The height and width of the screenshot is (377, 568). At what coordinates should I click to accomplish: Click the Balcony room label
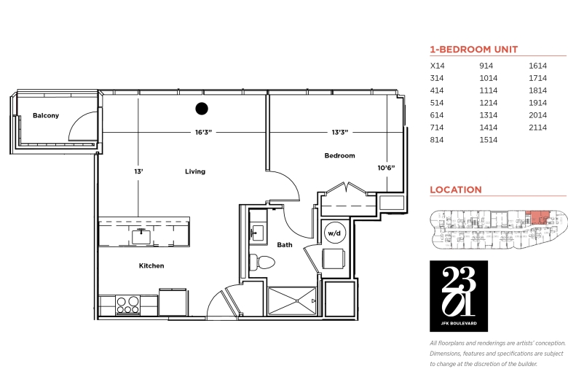46,115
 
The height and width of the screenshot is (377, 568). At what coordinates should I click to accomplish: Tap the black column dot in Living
202,109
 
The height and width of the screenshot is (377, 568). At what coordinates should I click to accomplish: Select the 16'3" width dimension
203,133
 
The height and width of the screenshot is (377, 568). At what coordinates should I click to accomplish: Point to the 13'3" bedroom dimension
340,133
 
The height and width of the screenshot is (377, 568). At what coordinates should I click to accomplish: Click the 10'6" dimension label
386,168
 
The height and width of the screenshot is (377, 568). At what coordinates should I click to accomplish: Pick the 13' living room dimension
139,171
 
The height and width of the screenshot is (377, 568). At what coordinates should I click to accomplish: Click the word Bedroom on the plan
340,155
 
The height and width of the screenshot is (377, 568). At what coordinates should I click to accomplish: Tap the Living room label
195,171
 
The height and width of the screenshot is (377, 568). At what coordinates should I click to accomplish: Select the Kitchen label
151,266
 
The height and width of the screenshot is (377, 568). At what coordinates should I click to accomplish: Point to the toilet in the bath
262,262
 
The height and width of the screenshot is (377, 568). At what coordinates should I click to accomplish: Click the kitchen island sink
141,236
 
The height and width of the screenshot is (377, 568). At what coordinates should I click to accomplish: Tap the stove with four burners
128,305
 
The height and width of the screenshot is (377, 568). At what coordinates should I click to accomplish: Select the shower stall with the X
291,301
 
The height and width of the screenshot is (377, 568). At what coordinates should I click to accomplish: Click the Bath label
285,245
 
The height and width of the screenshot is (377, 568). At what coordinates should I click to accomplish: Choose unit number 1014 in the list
489,78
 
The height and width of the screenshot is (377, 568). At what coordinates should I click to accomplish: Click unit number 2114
537,128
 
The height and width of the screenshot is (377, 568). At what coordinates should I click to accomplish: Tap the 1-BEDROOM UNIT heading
474,50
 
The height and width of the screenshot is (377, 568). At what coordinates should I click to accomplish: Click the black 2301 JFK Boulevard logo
459,296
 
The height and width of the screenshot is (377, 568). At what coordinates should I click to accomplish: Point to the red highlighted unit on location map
537,218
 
